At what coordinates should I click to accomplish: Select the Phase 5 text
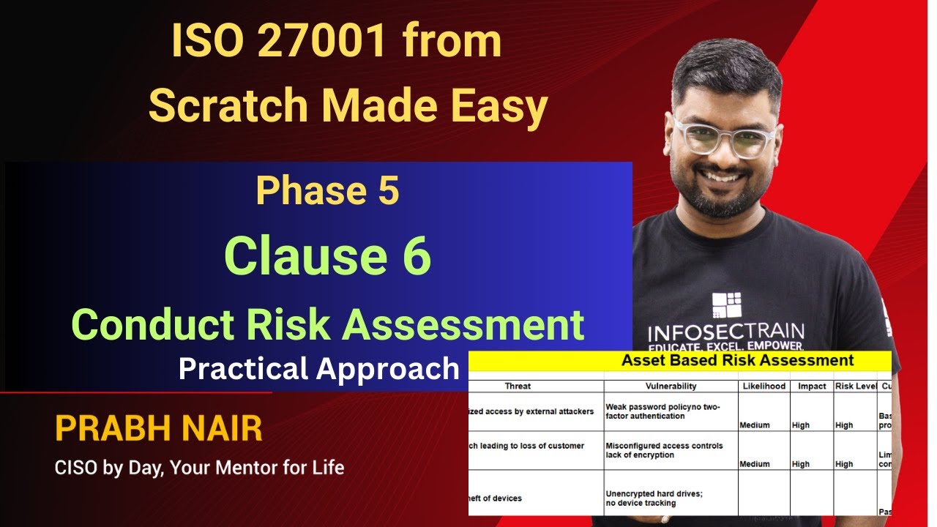[x=327, y=192]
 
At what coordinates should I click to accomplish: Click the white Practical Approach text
[x=318, y=369]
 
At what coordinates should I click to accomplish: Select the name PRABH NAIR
[x=158, y=430]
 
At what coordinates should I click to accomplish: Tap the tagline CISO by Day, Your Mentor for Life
[x=199, y=467]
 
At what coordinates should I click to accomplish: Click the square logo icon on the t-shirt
[x=726, y=306]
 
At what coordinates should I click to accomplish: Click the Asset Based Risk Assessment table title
[x=737, y=360]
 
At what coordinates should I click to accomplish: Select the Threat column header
[x=518, y=386]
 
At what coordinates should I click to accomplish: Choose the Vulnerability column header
[x=671, y=386]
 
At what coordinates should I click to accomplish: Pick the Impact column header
[x=811, y=386]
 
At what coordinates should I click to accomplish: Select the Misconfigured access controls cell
[x=663, y=450]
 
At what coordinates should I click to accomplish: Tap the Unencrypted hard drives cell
[x=654, y=498]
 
